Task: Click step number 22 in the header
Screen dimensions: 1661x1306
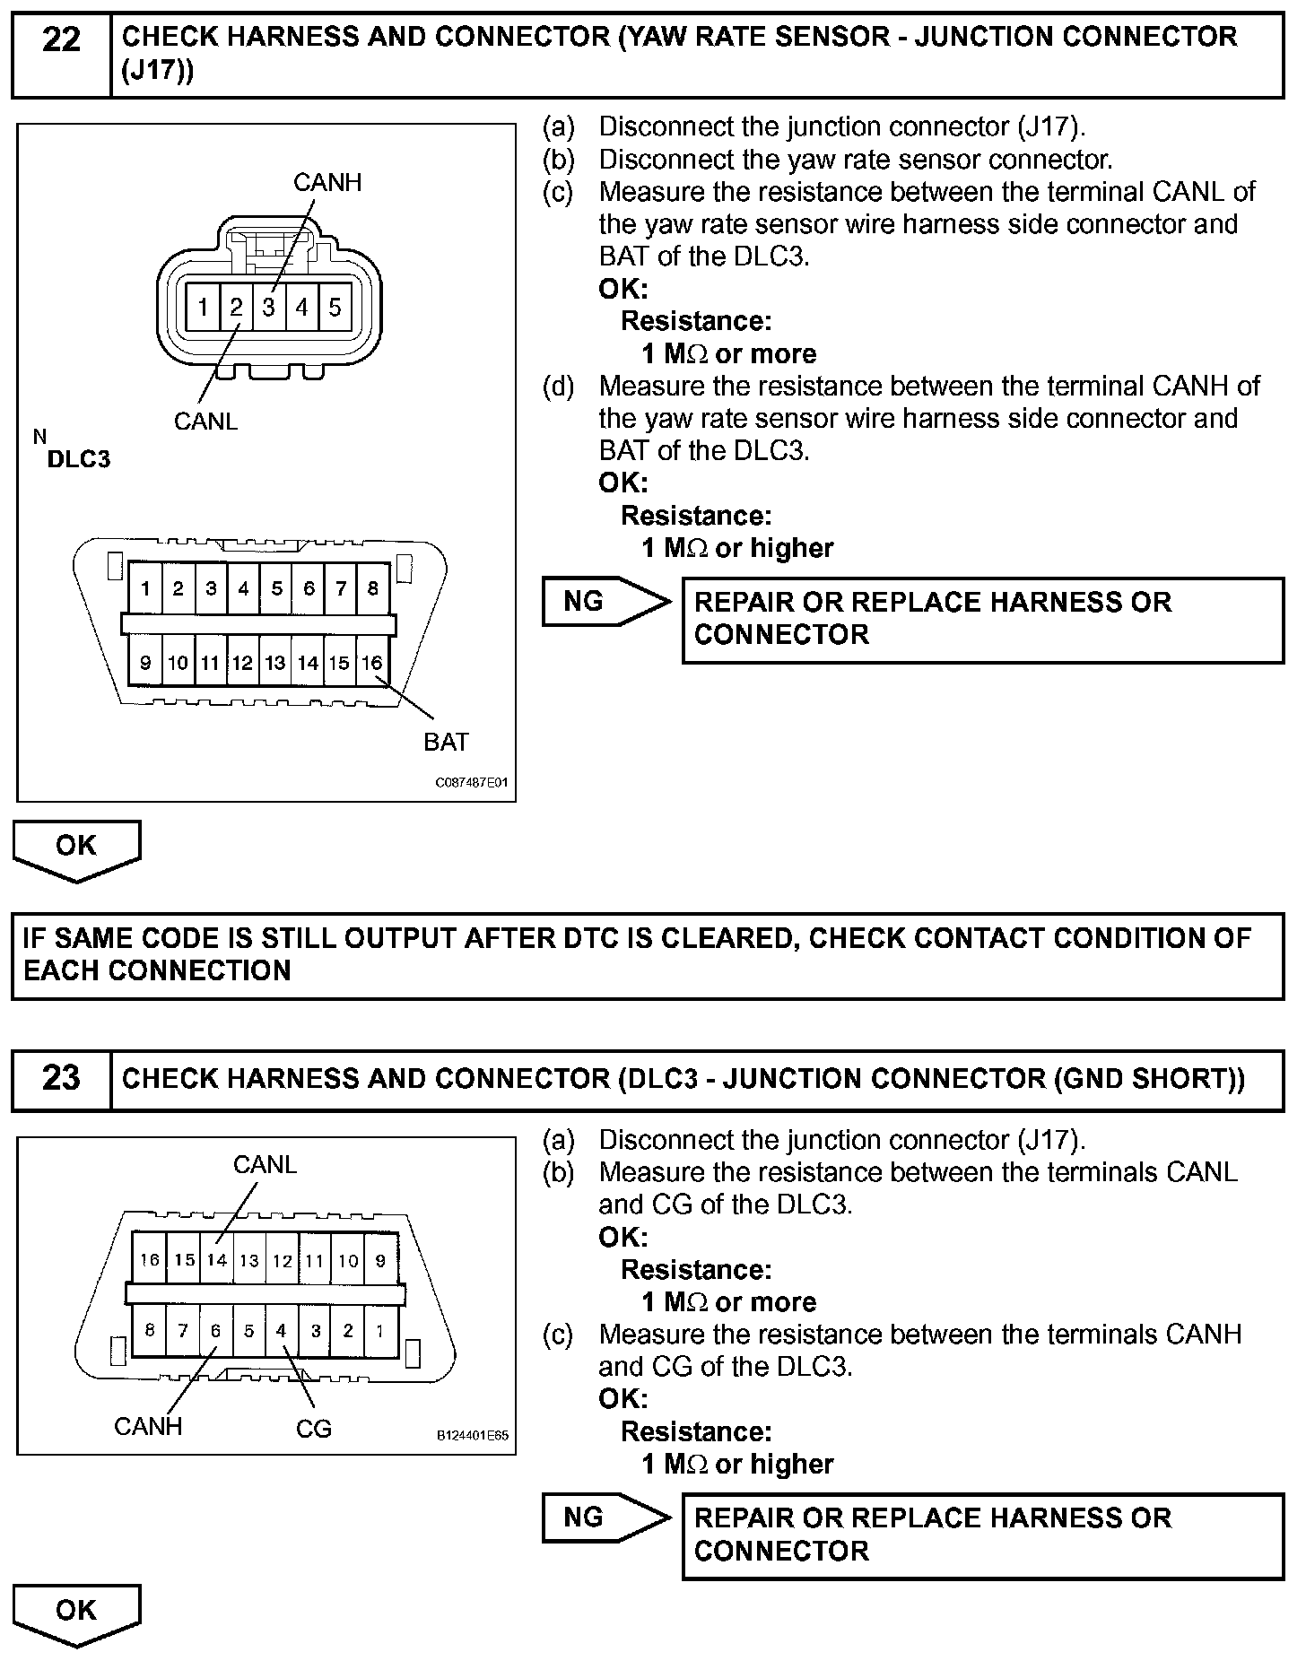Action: (x=61, y=40)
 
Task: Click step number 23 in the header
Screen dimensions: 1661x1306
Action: (x=61, y=1077)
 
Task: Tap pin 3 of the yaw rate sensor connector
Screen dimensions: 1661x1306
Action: (x=269, y=308)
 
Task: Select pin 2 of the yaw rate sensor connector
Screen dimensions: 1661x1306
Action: (x=236, y=308)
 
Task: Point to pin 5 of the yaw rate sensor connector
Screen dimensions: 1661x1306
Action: (x=335, y=308)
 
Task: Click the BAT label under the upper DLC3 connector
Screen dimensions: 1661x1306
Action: (x=446, y=742)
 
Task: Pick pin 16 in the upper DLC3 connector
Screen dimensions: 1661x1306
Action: (x=372, y=663)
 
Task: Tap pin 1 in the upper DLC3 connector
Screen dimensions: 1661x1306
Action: (x=145, y=588)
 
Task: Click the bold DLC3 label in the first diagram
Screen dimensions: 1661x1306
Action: (x=79, y=459)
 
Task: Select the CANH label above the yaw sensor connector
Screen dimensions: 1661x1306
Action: (x=327, y=182)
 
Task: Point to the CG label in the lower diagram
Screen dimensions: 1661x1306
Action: (x=314, y=1428)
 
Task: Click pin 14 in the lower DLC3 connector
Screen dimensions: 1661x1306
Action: (x=216, y=1260)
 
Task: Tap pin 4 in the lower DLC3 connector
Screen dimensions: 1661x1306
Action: (x=282, y=1331)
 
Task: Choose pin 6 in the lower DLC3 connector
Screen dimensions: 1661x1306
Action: (x=215, y=1331)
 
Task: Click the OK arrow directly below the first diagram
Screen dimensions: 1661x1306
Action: (x=76, y=848)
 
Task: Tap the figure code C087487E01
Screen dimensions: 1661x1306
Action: (x=472, y=782)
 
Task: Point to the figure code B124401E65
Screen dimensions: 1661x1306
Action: (x=473, y=1436)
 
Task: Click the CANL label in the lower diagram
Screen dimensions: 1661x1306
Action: (x=265, y=1164)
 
